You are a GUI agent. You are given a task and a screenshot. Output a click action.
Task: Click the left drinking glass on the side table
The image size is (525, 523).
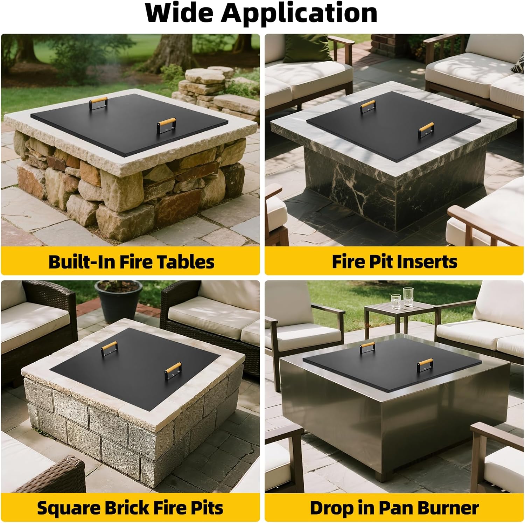coord(395,301)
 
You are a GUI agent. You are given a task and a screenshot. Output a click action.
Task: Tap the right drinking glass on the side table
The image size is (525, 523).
coord(408,297)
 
